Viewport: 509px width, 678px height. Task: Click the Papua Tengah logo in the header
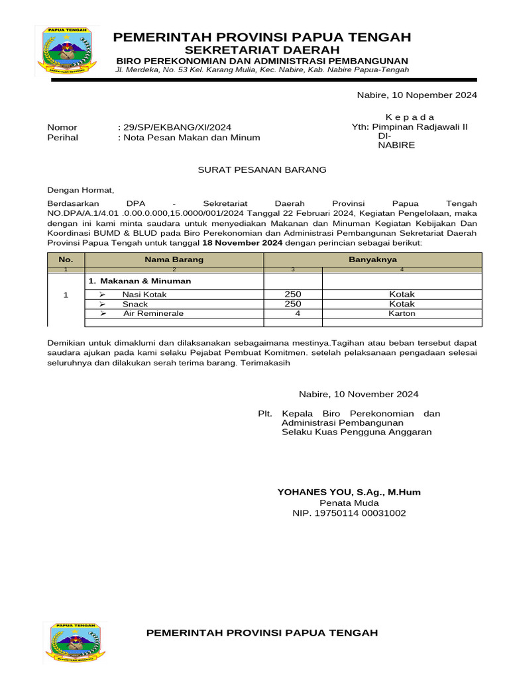(68, 51)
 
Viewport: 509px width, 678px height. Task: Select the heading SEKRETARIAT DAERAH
(262, 50)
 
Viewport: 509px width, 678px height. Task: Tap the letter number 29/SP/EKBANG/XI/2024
(174, 127)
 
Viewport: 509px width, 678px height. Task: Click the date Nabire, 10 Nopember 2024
(417, 95)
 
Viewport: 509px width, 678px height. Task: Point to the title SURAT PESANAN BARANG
(262, 169)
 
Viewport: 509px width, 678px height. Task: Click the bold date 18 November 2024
(242, 243)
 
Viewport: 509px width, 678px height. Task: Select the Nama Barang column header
(174, 260)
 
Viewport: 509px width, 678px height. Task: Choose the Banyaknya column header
(372, 260)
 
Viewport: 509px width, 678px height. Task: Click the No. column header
(66, 260)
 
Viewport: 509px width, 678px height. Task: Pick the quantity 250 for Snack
(293, 304)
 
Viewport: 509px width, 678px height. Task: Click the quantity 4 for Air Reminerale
(298, 313)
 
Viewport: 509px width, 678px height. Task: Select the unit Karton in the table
(402, 313)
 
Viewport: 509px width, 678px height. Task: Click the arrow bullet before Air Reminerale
(102, 313)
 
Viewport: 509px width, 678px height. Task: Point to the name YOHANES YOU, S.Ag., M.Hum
(349, 492)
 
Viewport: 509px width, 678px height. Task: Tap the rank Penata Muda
(349, 503)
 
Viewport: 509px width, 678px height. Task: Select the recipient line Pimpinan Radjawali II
(410, 126)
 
